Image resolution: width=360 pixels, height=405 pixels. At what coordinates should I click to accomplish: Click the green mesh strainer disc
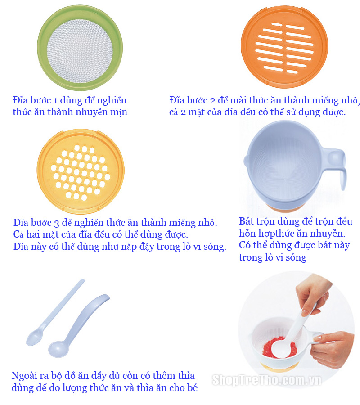[80, 48]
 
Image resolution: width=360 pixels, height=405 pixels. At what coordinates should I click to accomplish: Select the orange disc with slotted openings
[284, 47]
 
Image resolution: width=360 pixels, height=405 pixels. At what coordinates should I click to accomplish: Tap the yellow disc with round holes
[81, 171]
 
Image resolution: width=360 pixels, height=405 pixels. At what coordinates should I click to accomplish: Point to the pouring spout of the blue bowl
[246, 161]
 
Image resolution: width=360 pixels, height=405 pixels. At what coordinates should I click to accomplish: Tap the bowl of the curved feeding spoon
[58, 349]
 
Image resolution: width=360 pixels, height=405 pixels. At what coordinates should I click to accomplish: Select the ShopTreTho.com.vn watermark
[267, 380]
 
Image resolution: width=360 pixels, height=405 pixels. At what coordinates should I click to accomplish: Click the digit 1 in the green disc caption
[55, 100]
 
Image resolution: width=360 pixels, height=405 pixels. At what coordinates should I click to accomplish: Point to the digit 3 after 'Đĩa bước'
[56, 223]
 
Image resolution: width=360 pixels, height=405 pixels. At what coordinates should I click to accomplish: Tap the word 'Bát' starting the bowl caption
[246, 221]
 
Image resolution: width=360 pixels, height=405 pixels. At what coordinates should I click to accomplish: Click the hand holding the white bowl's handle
[333, 349]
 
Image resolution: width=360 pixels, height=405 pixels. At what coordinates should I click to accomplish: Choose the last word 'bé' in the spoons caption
[193, 388]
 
